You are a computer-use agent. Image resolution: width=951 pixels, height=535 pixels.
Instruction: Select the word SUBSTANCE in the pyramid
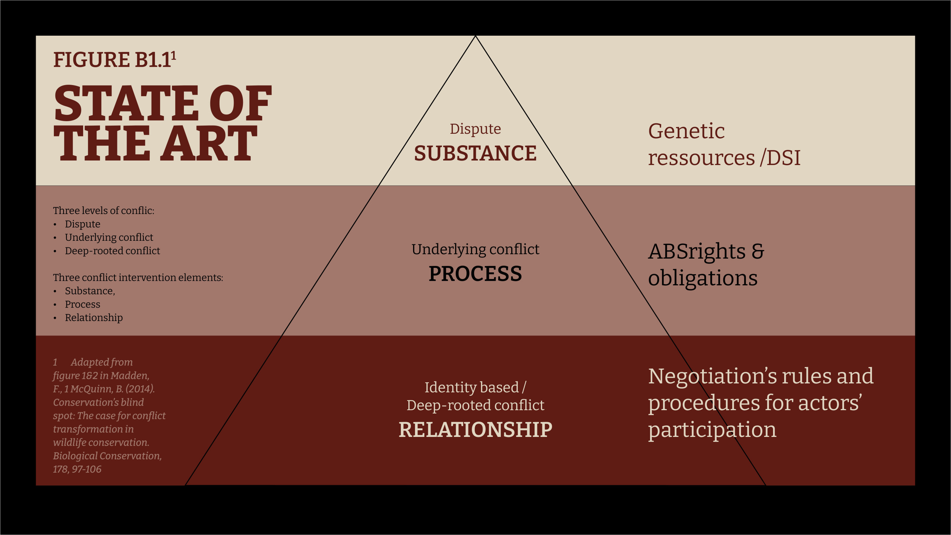click(x=475, y=153)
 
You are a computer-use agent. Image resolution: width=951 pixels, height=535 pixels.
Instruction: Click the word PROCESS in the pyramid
click(x=475, y=273)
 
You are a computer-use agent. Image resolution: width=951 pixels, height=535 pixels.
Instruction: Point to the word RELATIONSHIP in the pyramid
click(x=475, y=429)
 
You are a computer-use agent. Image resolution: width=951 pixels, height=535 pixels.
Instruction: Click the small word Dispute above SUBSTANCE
click(x=475, y=129)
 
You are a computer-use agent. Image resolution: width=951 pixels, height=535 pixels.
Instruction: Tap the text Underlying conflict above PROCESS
click(x=475, y=249)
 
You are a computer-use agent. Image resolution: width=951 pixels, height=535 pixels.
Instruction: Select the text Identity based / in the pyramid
click(x=475, y=388)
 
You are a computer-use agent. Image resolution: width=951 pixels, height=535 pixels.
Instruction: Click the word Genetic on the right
click(x=686, y=132)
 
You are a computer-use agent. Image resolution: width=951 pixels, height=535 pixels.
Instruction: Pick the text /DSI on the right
click(x=780, y=158)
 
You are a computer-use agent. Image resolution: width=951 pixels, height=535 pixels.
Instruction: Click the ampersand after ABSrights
click(x=758, y=251)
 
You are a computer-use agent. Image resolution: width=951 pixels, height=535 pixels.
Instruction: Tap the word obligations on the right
click(x=702, y=279)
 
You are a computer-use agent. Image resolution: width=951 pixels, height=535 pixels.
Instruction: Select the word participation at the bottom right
click(x=712, y=430)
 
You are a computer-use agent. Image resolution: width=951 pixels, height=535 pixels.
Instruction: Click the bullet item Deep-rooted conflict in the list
click(x=112, y=251)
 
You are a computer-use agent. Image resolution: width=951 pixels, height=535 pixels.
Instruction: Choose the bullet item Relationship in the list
click(x=94, y=318)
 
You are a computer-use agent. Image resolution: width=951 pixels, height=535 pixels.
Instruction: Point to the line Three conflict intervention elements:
click(x=138, y=278)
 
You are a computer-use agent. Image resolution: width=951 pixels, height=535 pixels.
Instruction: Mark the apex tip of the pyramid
click(x=475, y=36)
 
